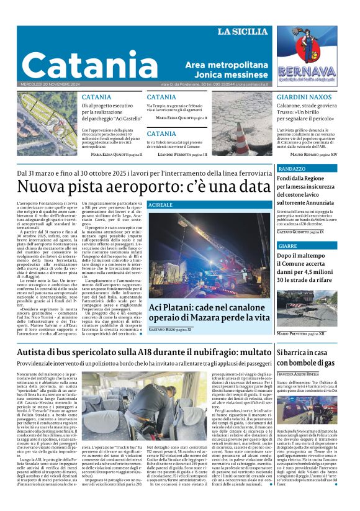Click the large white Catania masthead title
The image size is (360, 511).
[91, 65]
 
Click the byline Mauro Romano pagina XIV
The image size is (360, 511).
[315, 153]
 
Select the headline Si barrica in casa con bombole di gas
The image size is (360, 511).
[305, 357]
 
